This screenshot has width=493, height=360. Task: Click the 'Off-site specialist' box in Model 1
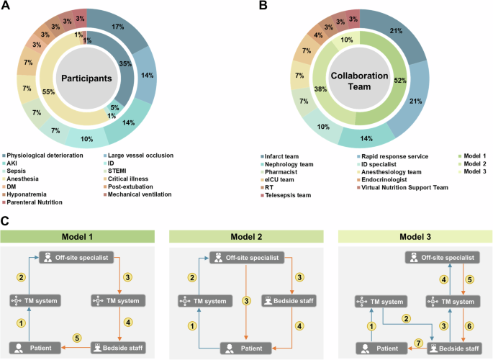click(74, 257)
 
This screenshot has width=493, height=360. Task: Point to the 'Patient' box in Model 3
click(374, 347)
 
